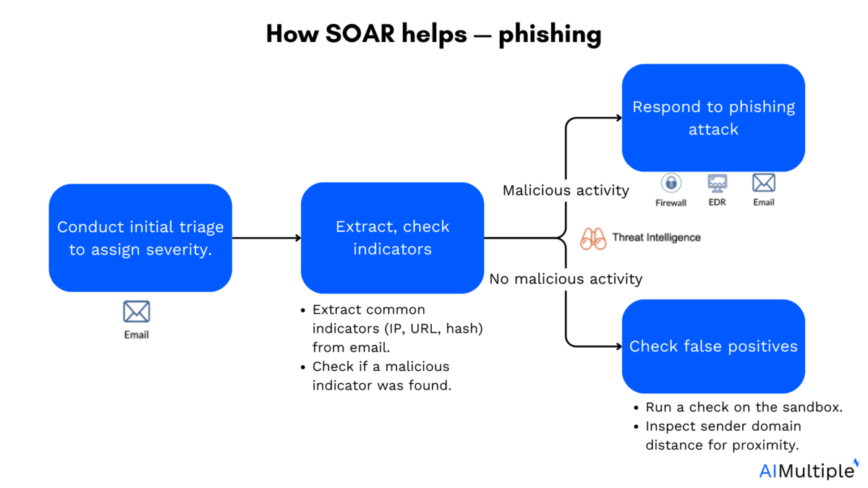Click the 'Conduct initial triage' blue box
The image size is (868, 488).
[140, 237]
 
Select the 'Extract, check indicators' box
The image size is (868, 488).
[392, 237]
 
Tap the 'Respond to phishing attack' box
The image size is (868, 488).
[713, 118]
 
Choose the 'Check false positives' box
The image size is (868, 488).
[713, 346]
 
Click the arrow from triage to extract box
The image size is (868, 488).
[266, 237]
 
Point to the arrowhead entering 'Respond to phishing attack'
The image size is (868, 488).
[617, 118]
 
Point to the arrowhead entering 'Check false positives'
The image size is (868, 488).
[617, 346]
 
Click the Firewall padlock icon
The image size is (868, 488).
[671, 183]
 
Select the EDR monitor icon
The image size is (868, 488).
[718, 182]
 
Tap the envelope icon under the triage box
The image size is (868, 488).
[136, 312]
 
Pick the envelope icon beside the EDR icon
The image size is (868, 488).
[764, 182]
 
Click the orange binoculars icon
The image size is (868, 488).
[593, 239]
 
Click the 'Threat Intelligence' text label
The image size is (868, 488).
[656, 237]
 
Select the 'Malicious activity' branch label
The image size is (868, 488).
[566, 191]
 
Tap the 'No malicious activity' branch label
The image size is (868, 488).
[566, 278]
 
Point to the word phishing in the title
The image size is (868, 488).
[548, 35]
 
